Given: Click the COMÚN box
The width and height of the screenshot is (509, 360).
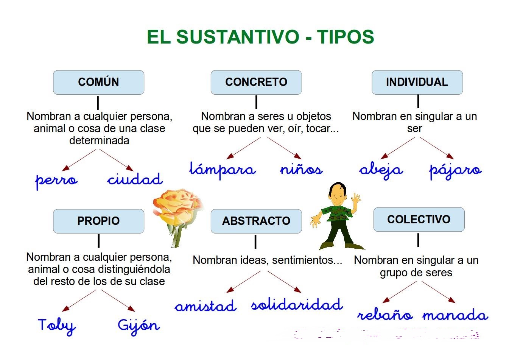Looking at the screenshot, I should point(98,82).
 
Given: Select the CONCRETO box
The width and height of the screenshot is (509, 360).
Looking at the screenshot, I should point(256,82).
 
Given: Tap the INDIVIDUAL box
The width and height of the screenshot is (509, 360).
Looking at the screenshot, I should point(417,82).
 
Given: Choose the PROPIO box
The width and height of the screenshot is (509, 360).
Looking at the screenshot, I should point(98,221).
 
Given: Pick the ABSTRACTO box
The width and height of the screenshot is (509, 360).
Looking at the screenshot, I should point(256,221).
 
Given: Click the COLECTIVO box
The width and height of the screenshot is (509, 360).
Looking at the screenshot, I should point(419,220).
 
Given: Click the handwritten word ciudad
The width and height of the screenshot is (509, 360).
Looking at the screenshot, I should point(135,179).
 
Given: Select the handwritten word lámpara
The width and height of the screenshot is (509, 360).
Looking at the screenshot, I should point(223,170).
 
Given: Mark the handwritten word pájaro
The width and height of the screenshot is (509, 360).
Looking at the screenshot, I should point(455,170).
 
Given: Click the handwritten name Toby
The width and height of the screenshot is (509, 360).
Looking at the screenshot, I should point(57,326).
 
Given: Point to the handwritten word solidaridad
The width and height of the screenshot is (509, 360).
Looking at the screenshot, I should point(297,305).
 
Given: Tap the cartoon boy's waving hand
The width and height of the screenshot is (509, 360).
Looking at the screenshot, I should point(356,198).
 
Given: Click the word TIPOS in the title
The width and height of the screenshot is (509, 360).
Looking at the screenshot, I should point(345,37).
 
